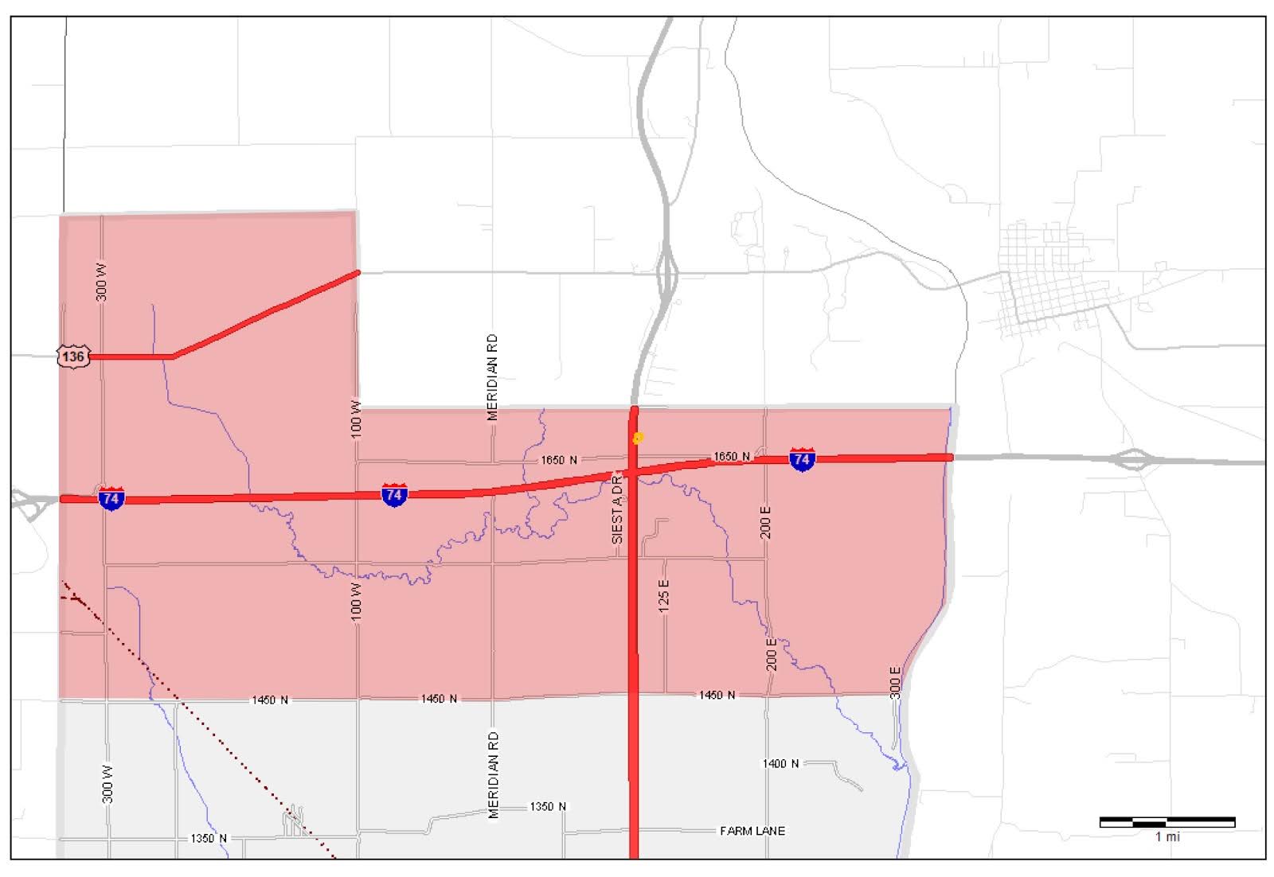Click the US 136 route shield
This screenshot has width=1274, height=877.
73,356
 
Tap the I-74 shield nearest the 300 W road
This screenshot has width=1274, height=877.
111,499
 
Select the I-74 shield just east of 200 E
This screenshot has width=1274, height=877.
802,459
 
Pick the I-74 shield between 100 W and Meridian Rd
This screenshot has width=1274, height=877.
394,495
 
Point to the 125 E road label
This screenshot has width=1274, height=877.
664,595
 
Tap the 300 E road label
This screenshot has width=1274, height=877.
895,683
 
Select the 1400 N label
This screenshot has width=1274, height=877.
780,763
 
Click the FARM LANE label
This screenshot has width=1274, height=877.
752,831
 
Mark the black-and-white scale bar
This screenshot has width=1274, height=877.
1167,822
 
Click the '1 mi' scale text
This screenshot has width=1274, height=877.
1167,837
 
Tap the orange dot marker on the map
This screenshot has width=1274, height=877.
638,438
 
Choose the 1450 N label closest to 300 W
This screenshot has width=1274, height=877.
270,700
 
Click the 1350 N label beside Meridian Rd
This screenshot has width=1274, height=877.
548,807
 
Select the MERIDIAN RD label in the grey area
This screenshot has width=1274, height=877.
494,774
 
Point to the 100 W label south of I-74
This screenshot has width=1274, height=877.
356,602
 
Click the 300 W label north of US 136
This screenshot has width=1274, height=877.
102,282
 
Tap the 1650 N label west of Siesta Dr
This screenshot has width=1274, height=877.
559,460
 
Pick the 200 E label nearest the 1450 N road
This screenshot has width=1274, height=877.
771,654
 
